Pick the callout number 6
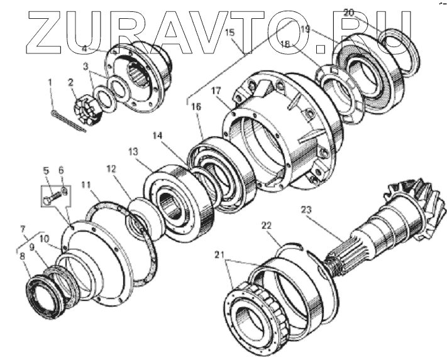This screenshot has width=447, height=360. [62, 170]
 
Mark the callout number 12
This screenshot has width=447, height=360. [111, 168]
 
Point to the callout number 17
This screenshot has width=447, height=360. [216, 91]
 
